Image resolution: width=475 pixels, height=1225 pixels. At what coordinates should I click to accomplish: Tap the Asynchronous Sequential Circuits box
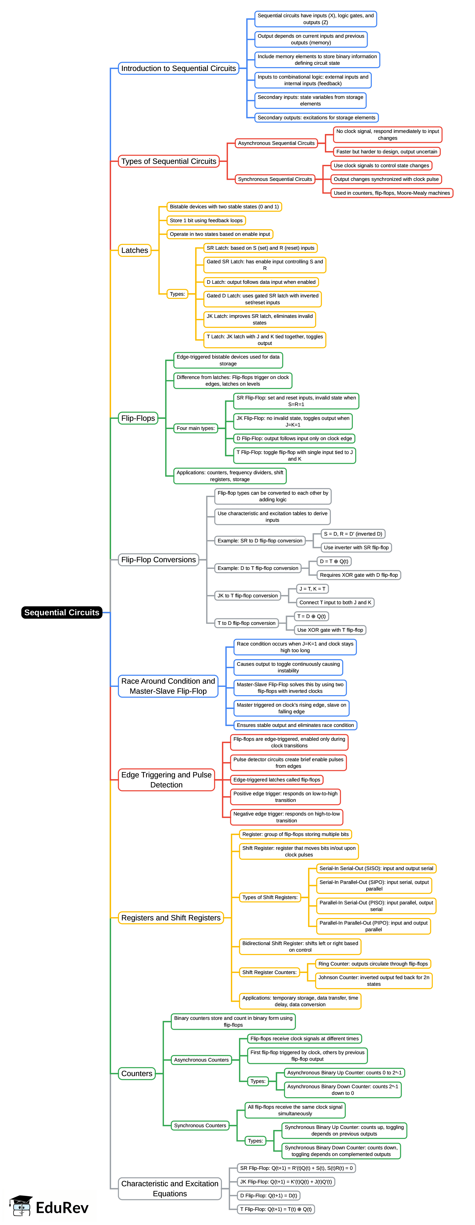pos(276,143)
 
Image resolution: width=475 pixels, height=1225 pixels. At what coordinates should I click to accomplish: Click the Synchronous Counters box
pos(200,1126)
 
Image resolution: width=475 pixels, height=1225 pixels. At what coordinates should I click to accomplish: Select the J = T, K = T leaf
pos(312,589)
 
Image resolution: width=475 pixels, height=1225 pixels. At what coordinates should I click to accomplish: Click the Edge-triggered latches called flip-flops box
pos(277,780)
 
